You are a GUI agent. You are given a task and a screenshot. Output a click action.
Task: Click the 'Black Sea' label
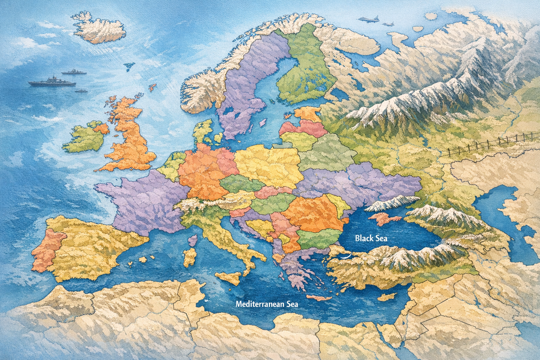click(x=371, y=238)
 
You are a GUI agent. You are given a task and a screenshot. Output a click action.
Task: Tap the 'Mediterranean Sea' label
click(x=267, y=304)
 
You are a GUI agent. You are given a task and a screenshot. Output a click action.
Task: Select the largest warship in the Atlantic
click(x=52, y=82)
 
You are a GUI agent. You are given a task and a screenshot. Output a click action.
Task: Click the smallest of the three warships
click(x=81, y=90)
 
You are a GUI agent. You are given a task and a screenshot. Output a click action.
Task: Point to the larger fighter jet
click(x=369, y=19)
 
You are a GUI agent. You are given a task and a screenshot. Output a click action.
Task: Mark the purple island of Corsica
click(x=192, y=241)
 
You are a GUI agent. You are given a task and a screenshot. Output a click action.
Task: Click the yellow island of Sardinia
click(x=190, y=258)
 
